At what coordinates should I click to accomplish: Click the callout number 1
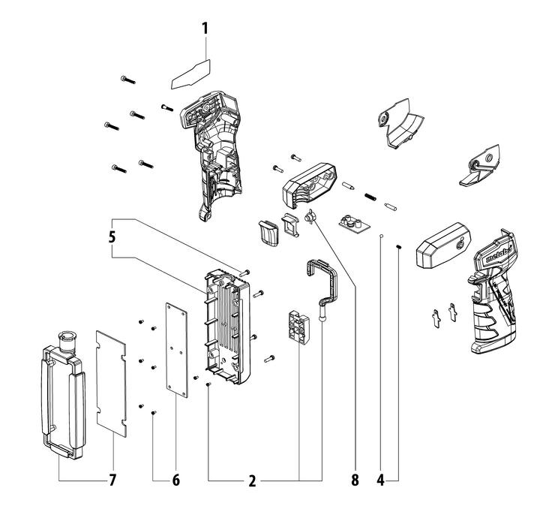click(203, 30)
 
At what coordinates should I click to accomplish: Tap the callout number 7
click(113, 479)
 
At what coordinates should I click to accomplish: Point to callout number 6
click(176, 479)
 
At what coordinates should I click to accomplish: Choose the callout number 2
click(252, 480)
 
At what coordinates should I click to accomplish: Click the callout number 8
click(355, 479)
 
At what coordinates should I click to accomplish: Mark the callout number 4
click(381, 479)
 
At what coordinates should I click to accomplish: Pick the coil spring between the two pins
click(370, 196)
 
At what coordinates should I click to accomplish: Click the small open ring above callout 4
click(382, 237)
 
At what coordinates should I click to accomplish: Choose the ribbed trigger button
click(268, 232)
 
